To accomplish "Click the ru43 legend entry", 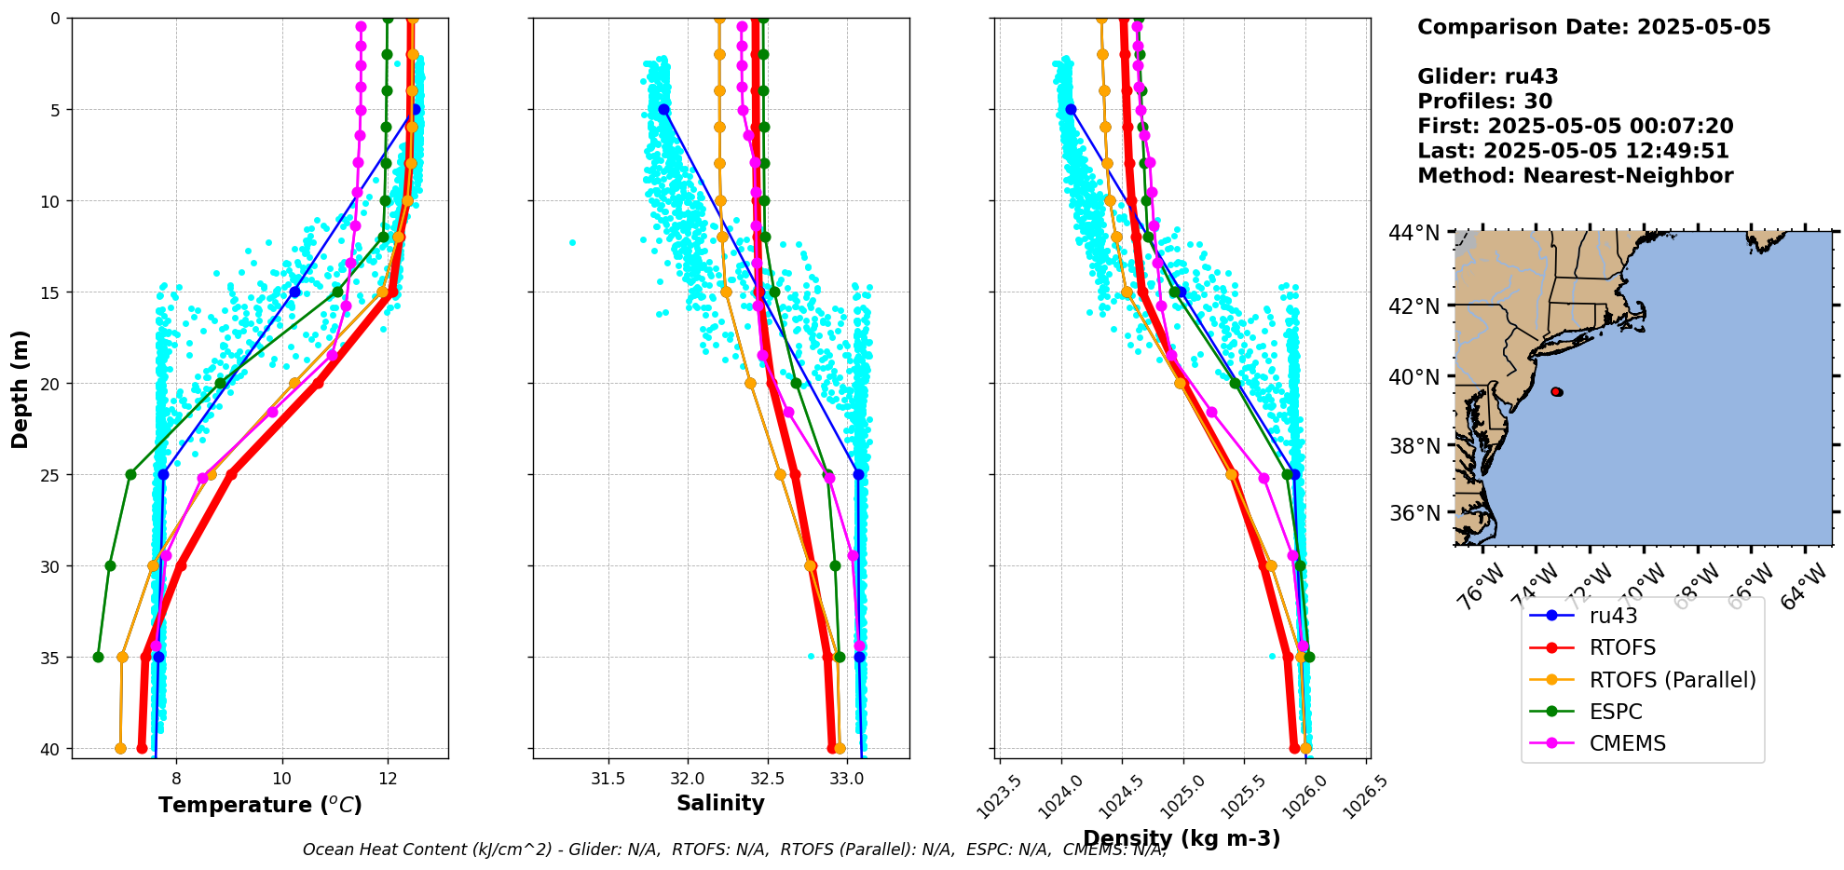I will coord(1613,616).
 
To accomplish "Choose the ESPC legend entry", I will coord(1616,712).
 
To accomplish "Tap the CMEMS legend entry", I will coord(1627,743).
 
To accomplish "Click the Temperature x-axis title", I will coord(260,805).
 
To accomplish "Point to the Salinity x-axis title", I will coord(720,803).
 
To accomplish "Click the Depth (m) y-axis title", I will coord(20,388).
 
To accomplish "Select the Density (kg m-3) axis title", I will coord(1182,838).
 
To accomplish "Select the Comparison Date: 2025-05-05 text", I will coord(1593,27).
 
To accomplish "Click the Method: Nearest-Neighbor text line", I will coord(1575,176).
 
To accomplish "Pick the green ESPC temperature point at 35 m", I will coord(98,657).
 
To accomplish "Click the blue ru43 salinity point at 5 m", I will coord(664,110).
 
